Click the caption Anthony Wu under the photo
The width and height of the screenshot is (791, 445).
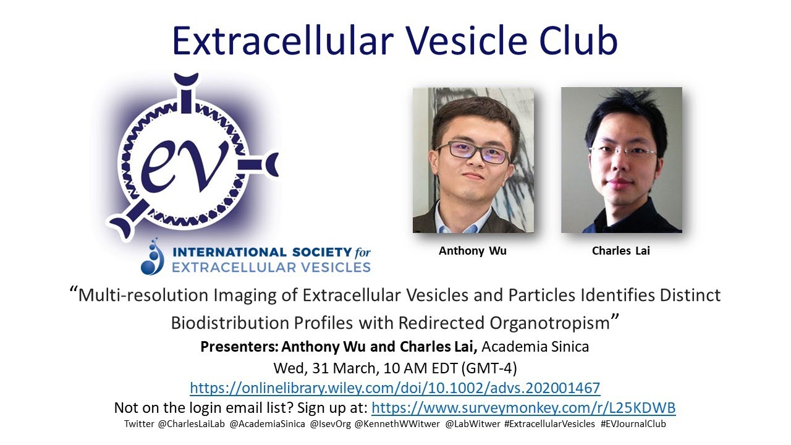click(x=473, y=251)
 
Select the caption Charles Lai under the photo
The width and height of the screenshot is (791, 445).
click(x=621, y=251)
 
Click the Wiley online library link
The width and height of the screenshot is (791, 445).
click(x=395, y=388)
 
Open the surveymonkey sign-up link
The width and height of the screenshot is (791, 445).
click(x=523, y=408)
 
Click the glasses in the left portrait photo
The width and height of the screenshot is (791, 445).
click(x=473, y=150)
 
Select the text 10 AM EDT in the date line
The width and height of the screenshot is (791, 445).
click(x=421, y=368)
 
